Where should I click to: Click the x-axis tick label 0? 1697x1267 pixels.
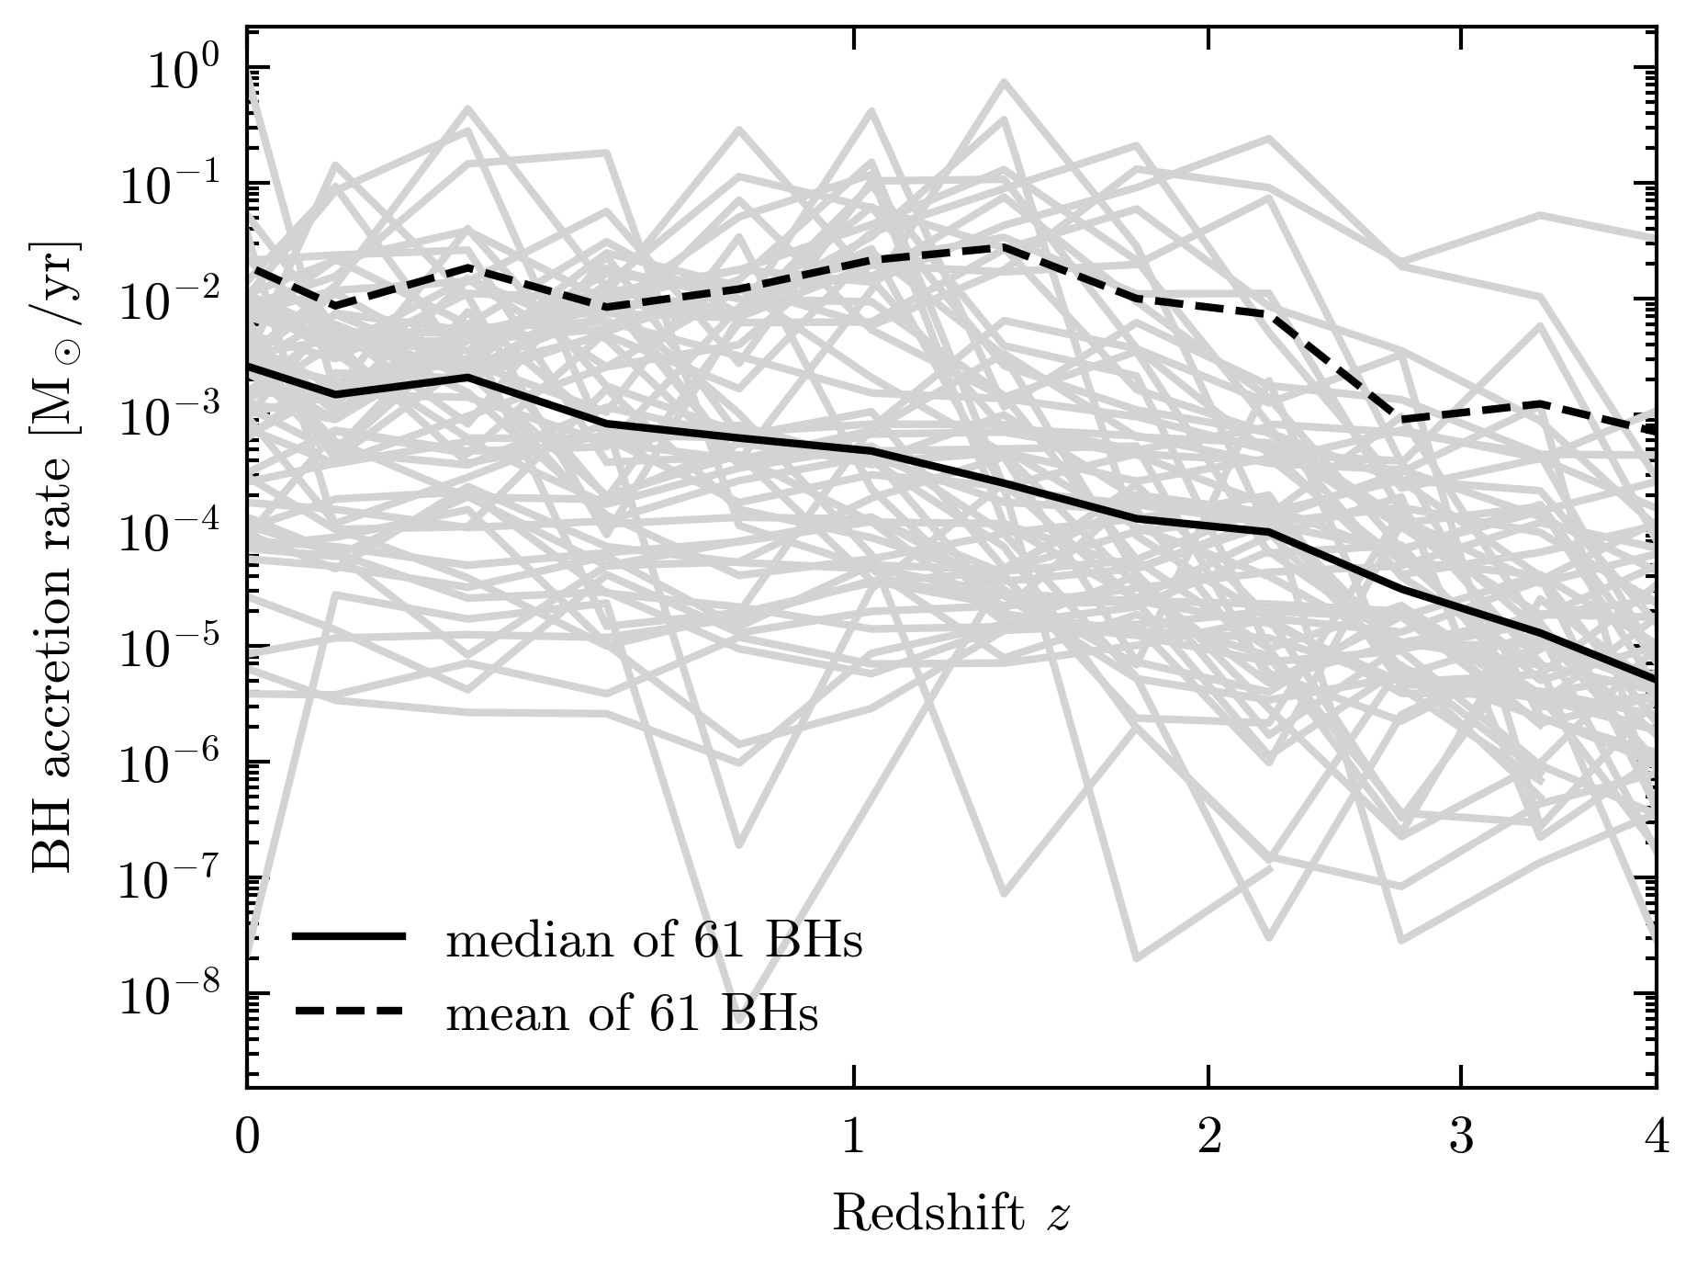(x=247, y=1137)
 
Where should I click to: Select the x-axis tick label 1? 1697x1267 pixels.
(x=854, y=1137)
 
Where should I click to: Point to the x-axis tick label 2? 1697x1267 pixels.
(x=1208, y=1137)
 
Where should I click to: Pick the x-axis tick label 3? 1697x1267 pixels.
(x=1461, y=1137)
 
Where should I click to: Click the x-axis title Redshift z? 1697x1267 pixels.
(x=951, y=1216)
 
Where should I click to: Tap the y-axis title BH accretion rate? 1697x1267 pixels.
(x=57, y=559)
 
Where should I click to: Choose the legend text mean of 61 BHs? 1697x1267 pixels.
(x=632, y=1013)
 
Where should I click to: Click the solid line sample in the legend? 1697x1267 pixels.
(x=349, y=937)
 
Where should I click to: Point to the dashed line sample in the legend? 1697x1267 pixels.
(x=349, y=1012)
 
